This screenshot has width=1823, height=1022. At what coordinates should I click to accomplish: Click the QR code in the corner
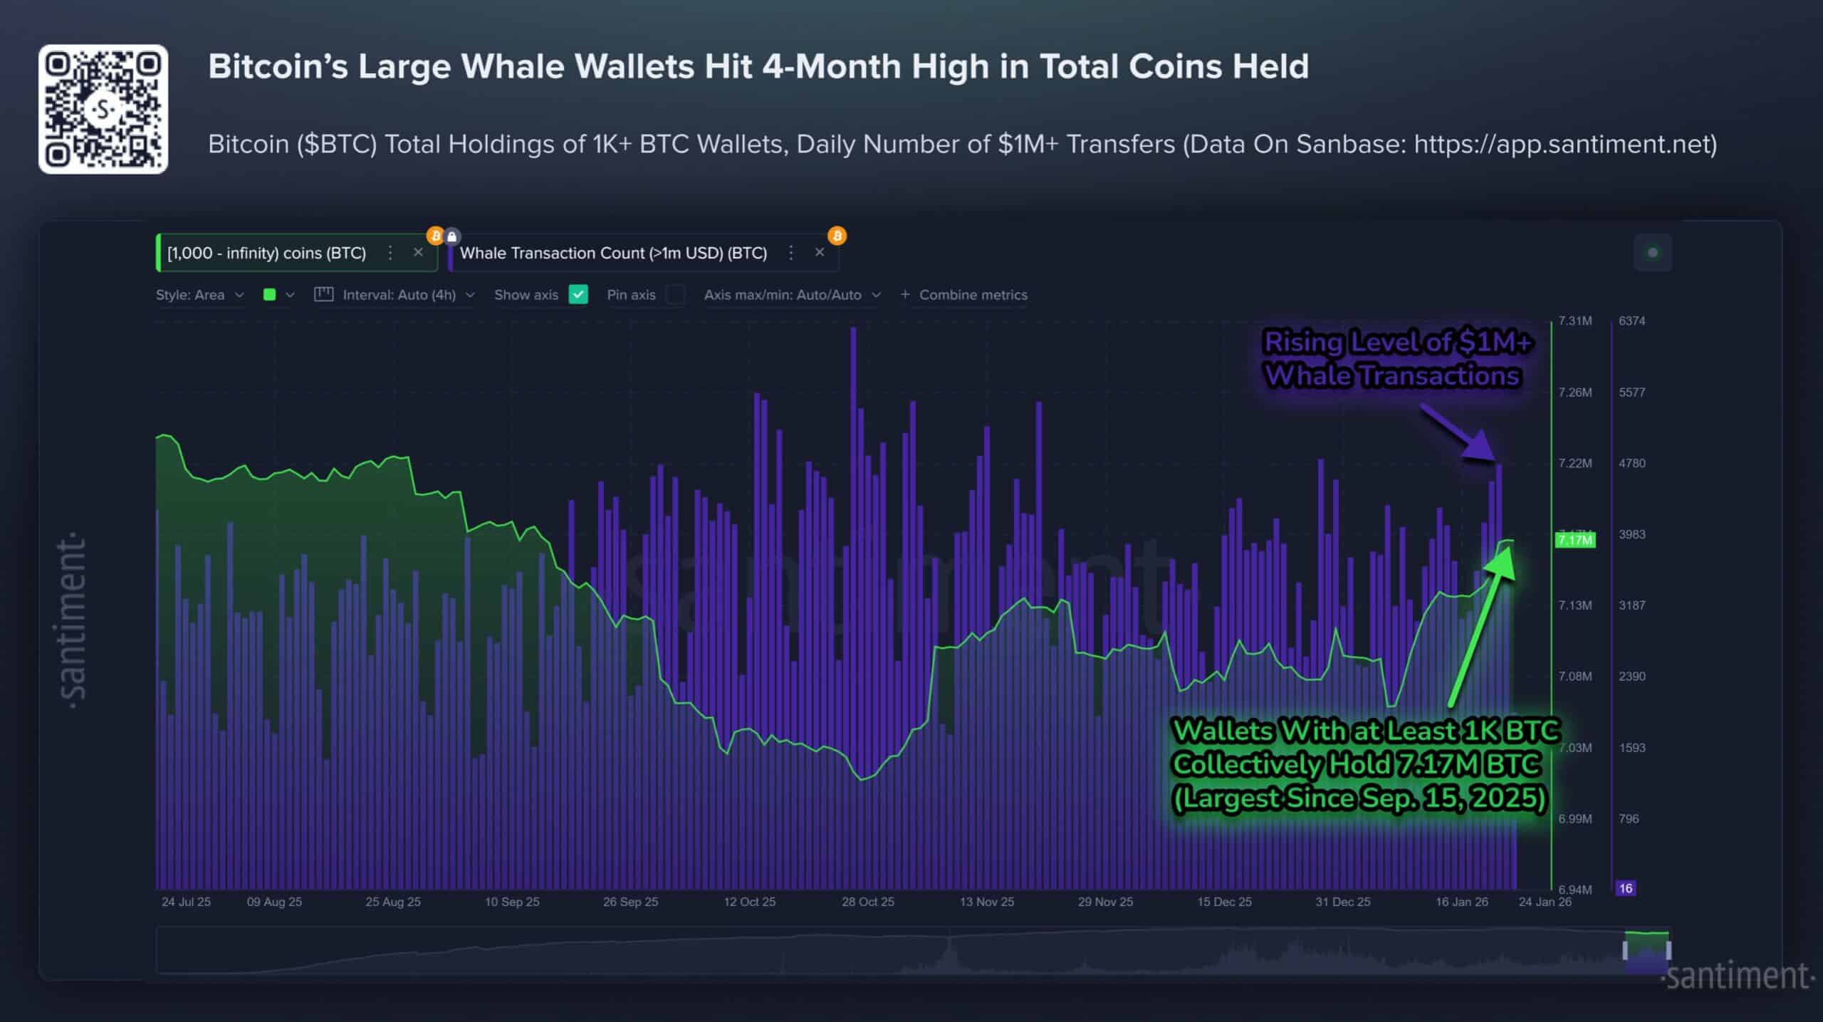[103, 109]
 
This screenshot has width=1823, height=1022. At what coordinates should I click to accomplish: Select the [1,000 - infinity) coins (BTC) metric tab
[266, 254]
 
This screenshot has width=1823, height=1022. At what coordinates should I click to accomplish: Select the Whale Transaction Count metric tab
[613, 254]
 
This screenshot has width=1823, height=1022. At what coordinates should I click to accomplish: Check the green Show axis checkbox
[578, 295]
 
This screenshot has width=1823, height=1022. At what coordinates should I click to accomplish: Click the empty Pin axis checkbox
[675, 295]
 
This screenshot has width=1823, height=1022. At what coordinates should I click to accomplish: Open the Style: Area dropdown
[199, 295]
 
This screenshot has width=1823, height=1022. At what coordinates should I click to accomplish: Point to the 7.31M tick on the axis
[1574, 321]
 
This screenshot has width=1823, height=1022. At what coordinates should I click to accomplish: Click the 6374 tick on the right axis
[1631, 321]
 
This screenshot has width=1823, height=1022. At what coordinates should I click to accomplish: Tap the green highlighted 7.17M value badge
[1574, 540]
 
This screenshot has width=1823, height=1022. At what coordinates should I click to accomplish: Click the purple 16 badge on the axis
[1625, 888]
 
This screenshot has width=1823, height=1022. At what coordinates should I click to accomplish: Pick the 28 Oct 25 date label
[867, 902]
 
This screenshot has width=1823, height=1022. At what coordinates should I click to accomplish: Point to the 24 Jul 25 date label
[186, 902]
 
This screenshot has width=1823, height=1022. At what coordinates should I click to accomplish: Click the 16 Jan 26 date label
[1461, 902]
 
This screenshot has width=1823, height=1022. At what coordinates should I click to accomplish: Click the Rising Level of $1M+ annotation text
[1397, 343]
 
